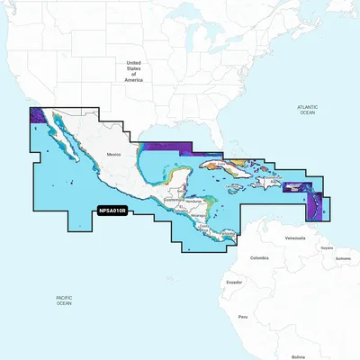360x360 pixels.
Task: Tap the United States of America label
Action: (x=135, y=72)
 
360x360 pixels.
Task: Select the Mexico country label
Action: (x=113, y=155)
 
